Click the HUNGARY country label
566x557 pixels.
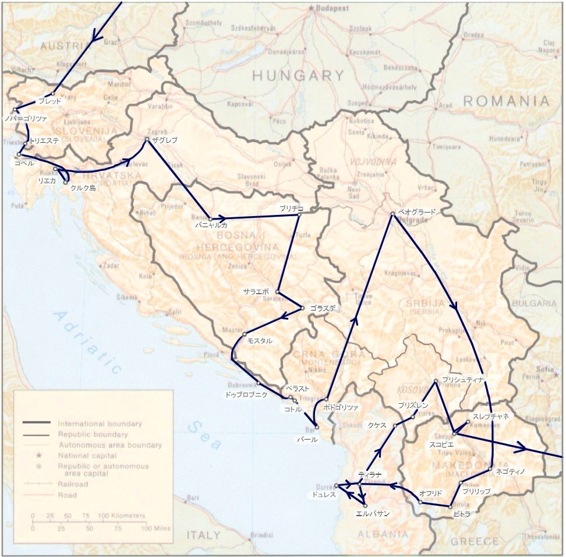[x=299, y=75]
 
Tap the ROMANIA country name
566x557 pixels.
[x=506, y=101]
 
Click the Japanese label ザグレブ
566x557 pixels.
[x=164, y=140]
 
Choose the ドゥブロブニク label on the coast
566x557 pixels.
[x=246, y=394]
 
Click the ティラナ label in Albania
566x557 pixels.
[x=370, y=474]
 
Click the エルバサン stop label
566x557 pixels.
[x=372, y=514]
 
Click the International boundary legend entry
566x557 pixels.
[x=100, y=424]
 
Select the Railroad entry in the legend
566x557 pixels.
[x=73, y=484]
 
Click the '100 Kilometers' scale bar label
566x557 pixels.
[x=121, y=516]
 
